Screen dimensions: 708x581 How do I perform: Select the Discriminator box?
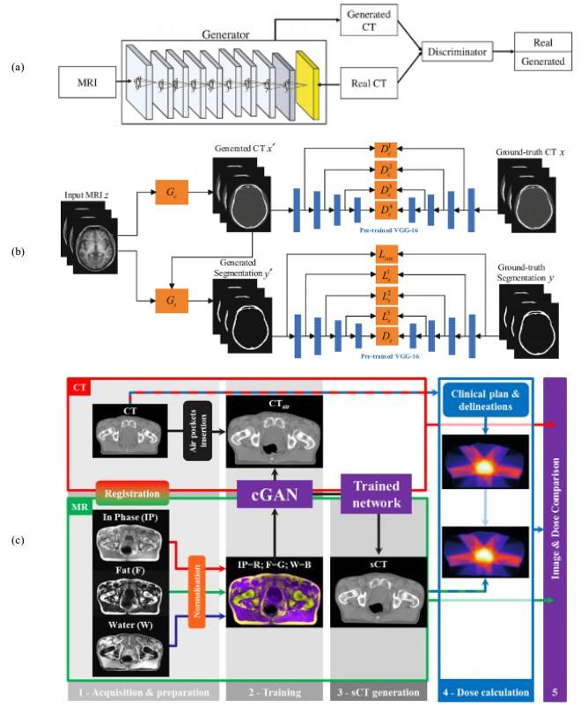click(x=457, y=52)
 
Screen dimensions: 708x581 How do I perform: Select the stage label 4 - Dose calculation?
click(x=485, y=692)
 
